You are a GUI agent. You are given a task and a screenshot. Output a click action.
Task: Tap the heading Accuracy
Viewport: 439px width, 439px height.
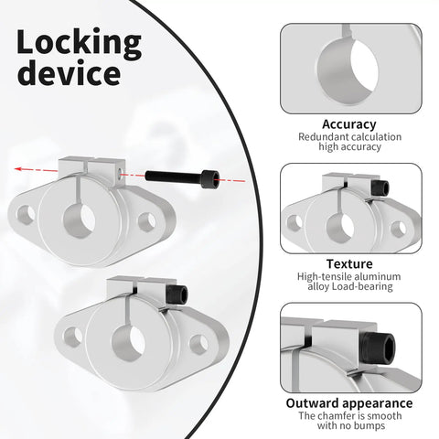(349, 124)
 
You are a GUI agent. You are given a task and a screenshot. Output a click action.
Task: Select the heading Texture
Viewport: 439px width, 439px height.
(349, 263)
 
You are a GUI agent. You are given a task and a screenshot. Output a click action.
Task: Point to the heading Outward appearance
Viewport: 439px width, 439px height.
(349, 403)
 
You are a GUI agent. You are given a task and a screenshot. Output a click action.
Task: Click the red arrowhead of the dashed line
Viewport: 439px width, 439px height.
(19, 168)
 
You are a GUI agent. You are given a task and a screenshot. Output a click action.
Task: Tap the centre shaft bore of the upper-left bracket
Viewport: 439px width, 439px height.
(80, 220)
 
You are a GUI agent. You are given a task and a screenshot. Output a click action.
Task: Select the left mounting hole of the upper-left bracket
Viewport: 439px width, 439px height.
(26, 215)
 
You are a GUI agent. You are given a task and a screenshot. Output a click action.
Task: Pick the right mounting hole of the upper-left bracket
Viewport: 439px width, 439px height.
(147, 222)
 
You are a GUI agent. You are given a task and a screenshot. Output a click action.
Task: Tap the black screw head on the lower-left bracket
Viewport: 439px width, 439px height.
(178, 294)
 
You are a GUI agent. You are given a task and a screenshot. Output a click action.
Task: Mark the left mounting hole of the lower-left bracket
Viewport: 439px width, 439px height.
(73, 337)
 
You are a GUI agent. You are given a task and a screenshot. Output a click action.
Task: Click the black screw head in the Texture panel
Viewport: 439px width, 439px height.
(380, 187)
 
